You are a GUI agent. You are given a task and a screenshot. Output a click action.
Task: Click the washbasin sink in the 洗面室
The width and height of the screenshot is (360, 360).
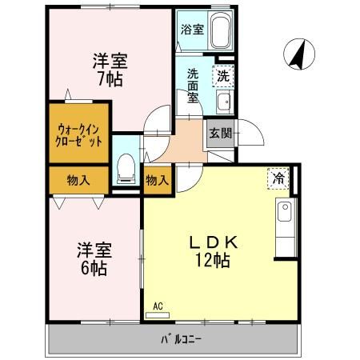pyautogui.click(x=224, y=102)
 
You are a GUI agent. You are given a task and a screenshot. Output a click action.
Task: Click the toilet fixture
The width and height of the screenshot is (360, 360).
pyautogui.click(x=126, y=169)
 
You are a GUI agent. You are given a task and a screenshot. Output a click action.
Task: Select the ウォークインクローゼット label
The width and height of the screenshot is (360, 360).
pyautogui.click(x=79, y=134)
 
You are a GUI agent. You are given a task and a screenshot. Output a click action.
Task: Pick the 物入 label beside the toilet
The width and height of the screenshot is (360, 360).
pyautogui.click(x=157, y=181)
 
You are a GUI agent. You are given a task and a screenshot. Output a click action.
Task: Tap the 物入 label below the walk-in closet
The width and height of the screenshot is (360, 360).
pyautogui.click(x=78, y=180)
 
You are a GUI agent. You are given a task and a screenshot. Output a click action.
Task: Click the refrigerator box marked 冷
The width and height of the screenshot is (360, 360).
pyautogui.click(x=277, y=179)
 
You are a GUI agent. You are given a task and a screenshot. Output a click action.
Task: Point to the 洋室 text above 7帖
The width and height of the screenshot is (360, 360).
pyautogui.click(x=110, y=60)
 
